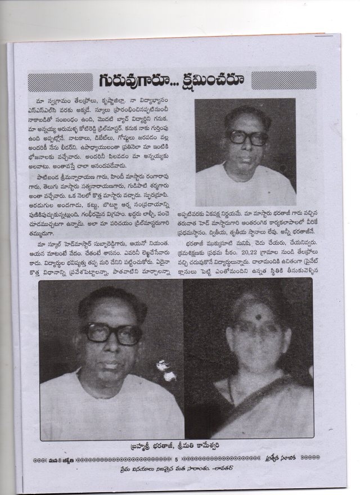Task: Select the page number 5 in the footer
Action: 175,461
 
